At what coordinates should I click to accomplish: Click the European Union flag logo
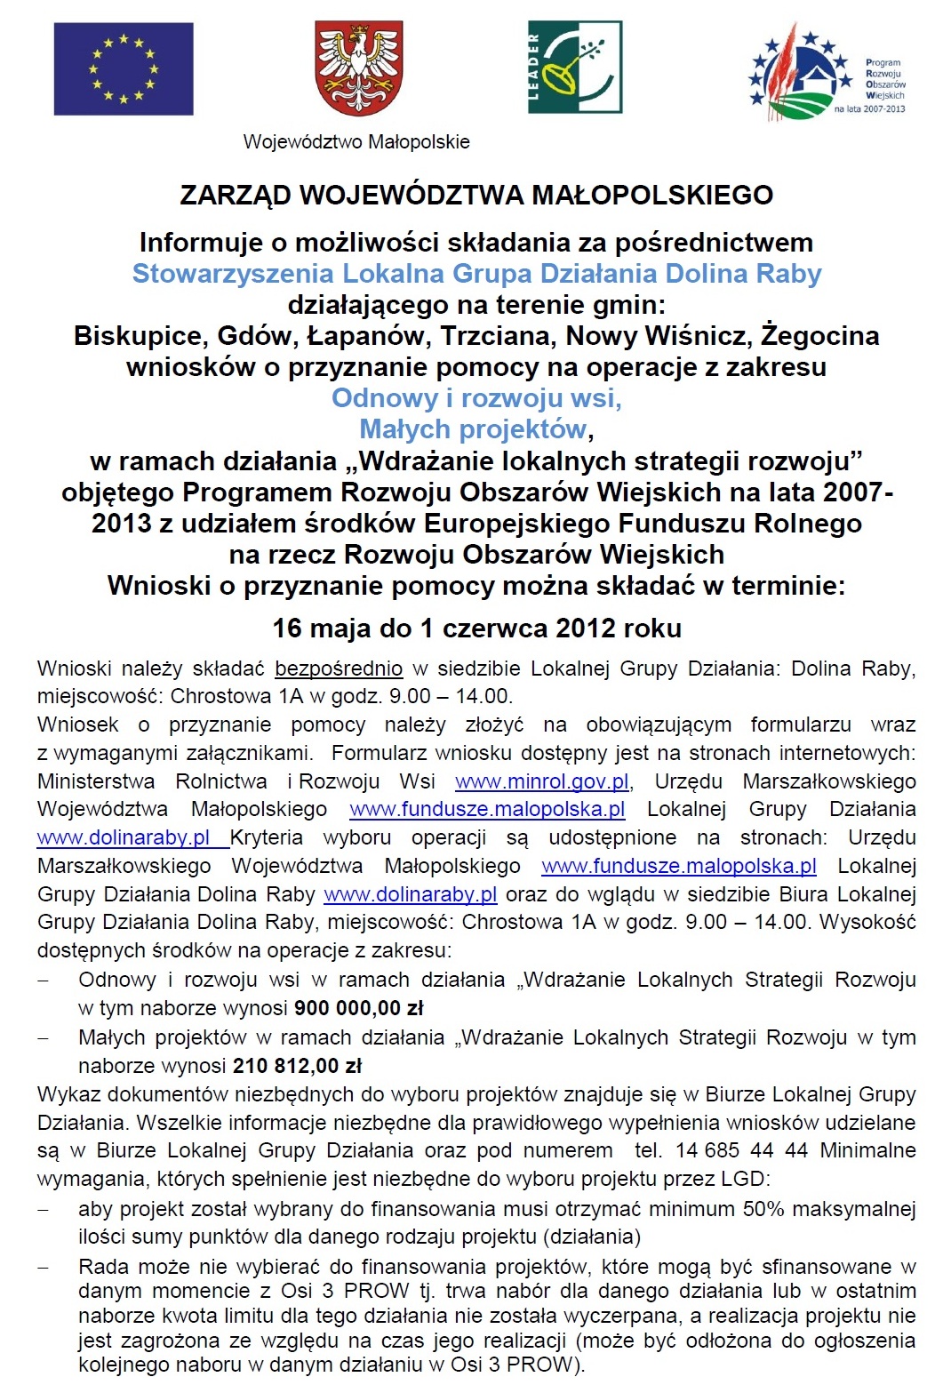[x=124, y=68]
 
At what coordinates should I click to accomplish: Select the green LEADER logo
[x=574, y=68]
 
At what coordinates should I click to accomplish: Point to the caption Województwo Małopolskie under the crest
[x=356, y=142]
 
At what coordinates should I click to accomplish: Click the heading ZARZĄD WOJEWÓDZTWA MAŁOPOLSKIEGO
[x=476, y=196]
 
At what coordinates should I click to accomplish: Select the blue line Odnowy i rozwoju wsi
[x=476, y=398]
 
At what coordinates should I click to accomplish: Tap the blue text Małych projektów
[x=473, y=429]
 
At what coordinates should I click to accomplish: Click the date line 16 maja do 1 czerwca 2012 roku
[x=476, y=628]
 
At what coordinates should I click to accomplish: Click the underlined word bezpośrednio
[x=339, y=668]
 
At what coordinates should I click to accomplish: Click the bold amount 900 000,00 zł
[x=359, y=1008]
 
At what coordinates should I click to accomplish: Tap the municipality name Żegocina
[x=820, y=336]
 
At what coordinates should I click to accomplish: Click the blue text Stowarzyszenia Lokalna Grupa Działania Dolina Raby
[x=476, y=274]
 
